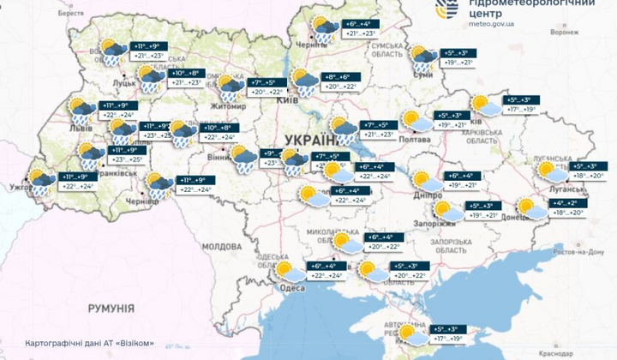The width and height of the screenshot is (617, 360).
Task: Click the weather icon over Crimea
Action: (410, 333)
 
